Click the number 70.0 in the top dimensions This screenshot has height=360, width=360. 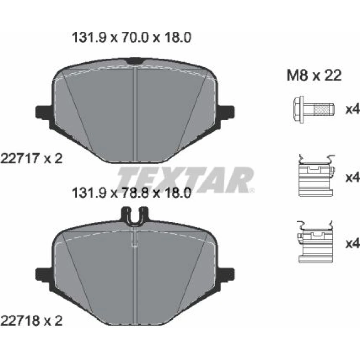(x=135, y=38)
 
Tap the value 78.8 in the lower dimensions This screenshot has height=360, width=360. (x=135, y=193)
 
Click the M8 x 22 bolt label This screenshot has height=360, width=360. (x=314, y=75)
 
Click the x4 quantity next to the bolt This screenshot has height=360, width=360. (x=353, y=110)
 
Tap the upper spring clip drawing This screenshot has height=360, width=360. (x=316, y=175)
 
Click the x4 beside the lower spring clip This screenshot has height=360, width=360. (x=353, y=243)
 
